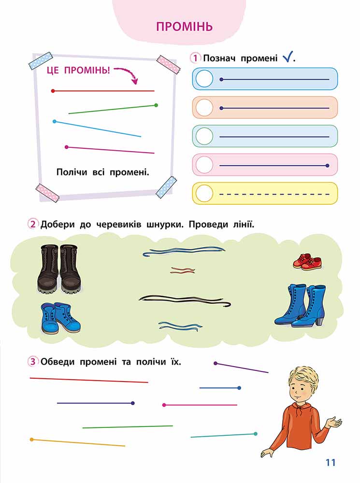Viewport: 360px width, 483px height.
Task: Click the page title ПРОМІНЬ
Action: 184,27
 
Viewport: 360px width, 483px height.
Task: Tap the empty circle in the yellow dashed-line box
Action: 204,194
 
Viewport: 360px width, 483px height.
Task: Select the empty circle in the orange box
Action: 204,108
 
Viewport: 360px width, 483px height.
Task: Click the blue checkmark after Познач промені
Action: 287,57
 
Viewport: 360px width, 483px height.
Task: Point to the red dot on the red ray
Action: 53,91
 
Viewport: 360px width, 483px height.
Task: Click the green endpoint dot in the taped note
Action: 156,105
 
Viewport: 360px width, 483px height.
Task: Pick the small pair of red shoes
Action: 307,262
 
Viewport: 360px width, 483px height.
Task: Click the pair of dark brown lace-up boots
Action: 59,268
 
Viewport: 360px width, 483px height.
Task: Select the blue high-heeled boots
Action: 300,305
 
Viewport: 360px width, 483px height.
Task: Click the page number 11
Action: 330,462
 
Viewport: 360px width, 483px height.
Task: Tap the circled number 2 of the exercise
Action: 33,224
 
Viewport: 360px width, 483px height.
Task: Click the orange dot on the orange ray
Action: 31,440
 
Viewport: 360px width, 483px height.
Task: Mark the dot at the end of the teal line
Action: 255,434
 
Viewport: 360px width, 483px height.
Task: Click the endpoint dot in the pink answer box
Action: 327,165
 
